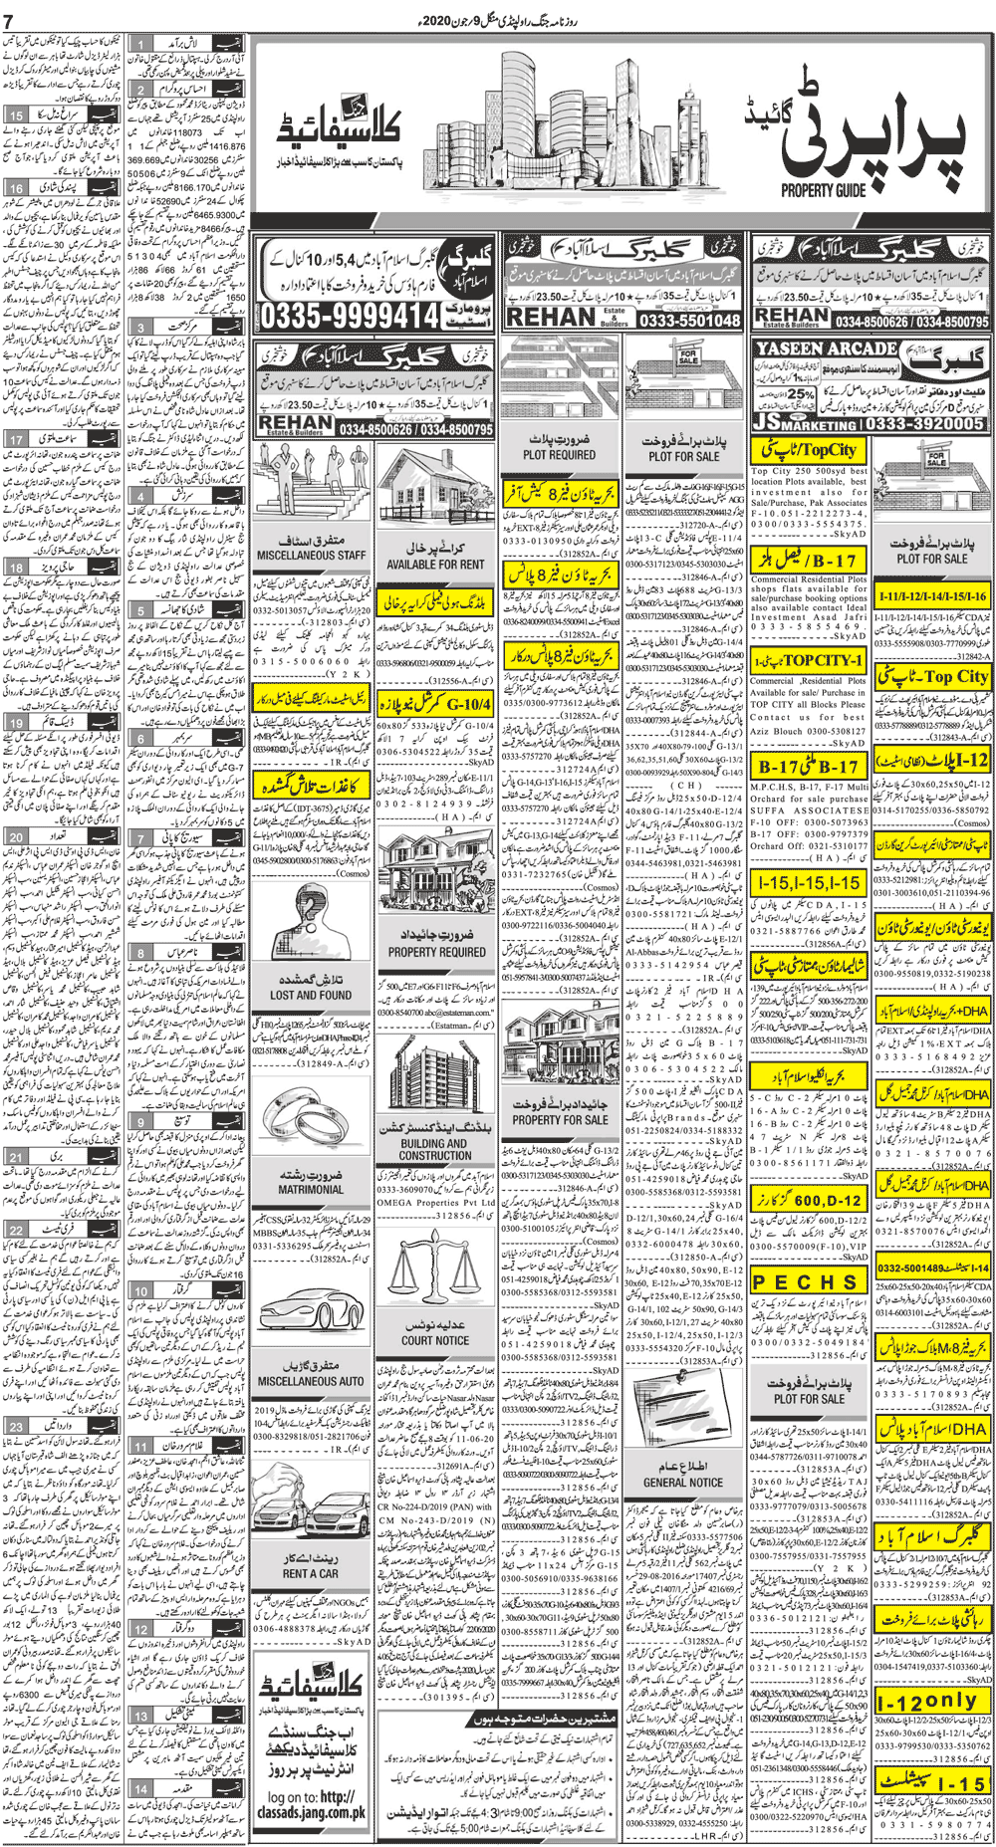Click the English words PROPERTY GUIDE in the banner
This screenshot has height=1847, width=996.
(x=824, y=190)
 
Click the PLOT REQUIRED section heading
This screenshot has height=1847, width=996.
(x=559, y=455)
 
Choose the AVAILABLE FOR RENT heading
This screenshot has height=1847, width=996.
(x=435, y=564)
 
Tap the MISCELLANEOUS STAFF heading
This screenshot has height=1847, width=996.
(x=311, y=556)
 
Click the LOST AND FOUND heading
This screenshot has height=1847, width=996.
(x=311, y=995)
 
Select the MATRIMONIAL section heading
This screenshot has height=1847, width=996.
(x=311, y=1189)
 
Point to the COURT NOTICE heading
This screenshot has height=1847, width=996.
(x=435, y=1340)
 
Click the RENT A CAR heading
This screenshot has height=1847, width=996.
(x=310, y=1574)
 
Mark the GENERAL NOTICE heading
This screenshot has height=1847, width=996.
(x=683, y=1482)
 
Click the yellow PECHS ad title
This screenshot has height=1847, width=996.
(x=808, y=1282)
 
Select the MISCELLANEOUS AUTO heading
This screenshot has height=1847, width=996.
(x=311, y=1381)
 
